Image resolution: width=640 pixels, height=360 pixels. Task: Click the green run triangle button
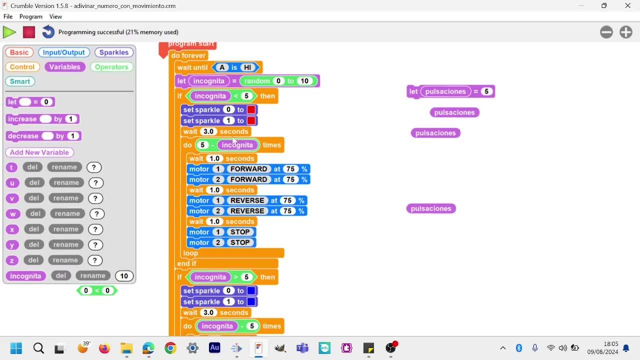click(x=9, y=32)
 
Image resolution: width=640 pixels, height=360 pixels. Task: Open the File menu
click(x=8, y=16)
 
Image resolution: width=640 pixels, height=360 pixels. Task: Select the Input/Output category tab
click(x=63, y=52)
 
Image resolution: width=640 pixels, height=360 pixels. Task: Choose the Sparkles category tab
click(x=113, y=52)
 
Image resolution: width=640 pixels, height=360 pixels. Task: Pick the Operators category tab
click(x=111, y=67)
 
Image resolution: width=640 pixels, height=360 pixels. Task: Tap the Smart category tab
click(x=20, y=81)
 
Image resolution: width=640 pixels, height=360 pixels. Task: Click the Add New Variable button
click(x=39, y=152)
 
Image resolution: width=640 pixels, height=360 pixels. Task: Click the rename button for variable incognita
click(x=92, y=275)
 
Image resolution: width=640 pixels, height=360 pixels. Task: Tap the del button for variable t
click(x=32, y=167)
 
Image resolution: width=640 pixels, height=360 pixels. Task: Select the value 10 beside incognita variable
click(x=124, y=275)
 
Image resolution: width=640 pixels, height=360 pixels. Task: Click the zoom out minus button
click(x=606, y=32)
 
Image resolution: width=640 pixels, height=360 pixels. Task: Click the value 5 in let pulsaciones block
click(x=486, y=91)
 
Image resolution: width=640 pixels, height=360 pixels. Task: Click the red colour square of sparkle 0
click(x=251, y=109)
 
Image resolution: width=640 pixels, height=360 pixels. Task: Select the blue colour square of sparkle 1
click(x=251, y=301)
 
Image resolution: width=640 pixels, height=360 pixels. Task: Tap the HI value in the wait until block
click(x=247, y=67)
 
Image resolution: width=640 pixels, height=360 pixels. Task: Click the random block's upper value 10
click(x=304, y=81)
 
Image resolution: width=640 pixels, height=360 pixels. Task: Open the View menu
click(x=55, y=16)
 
